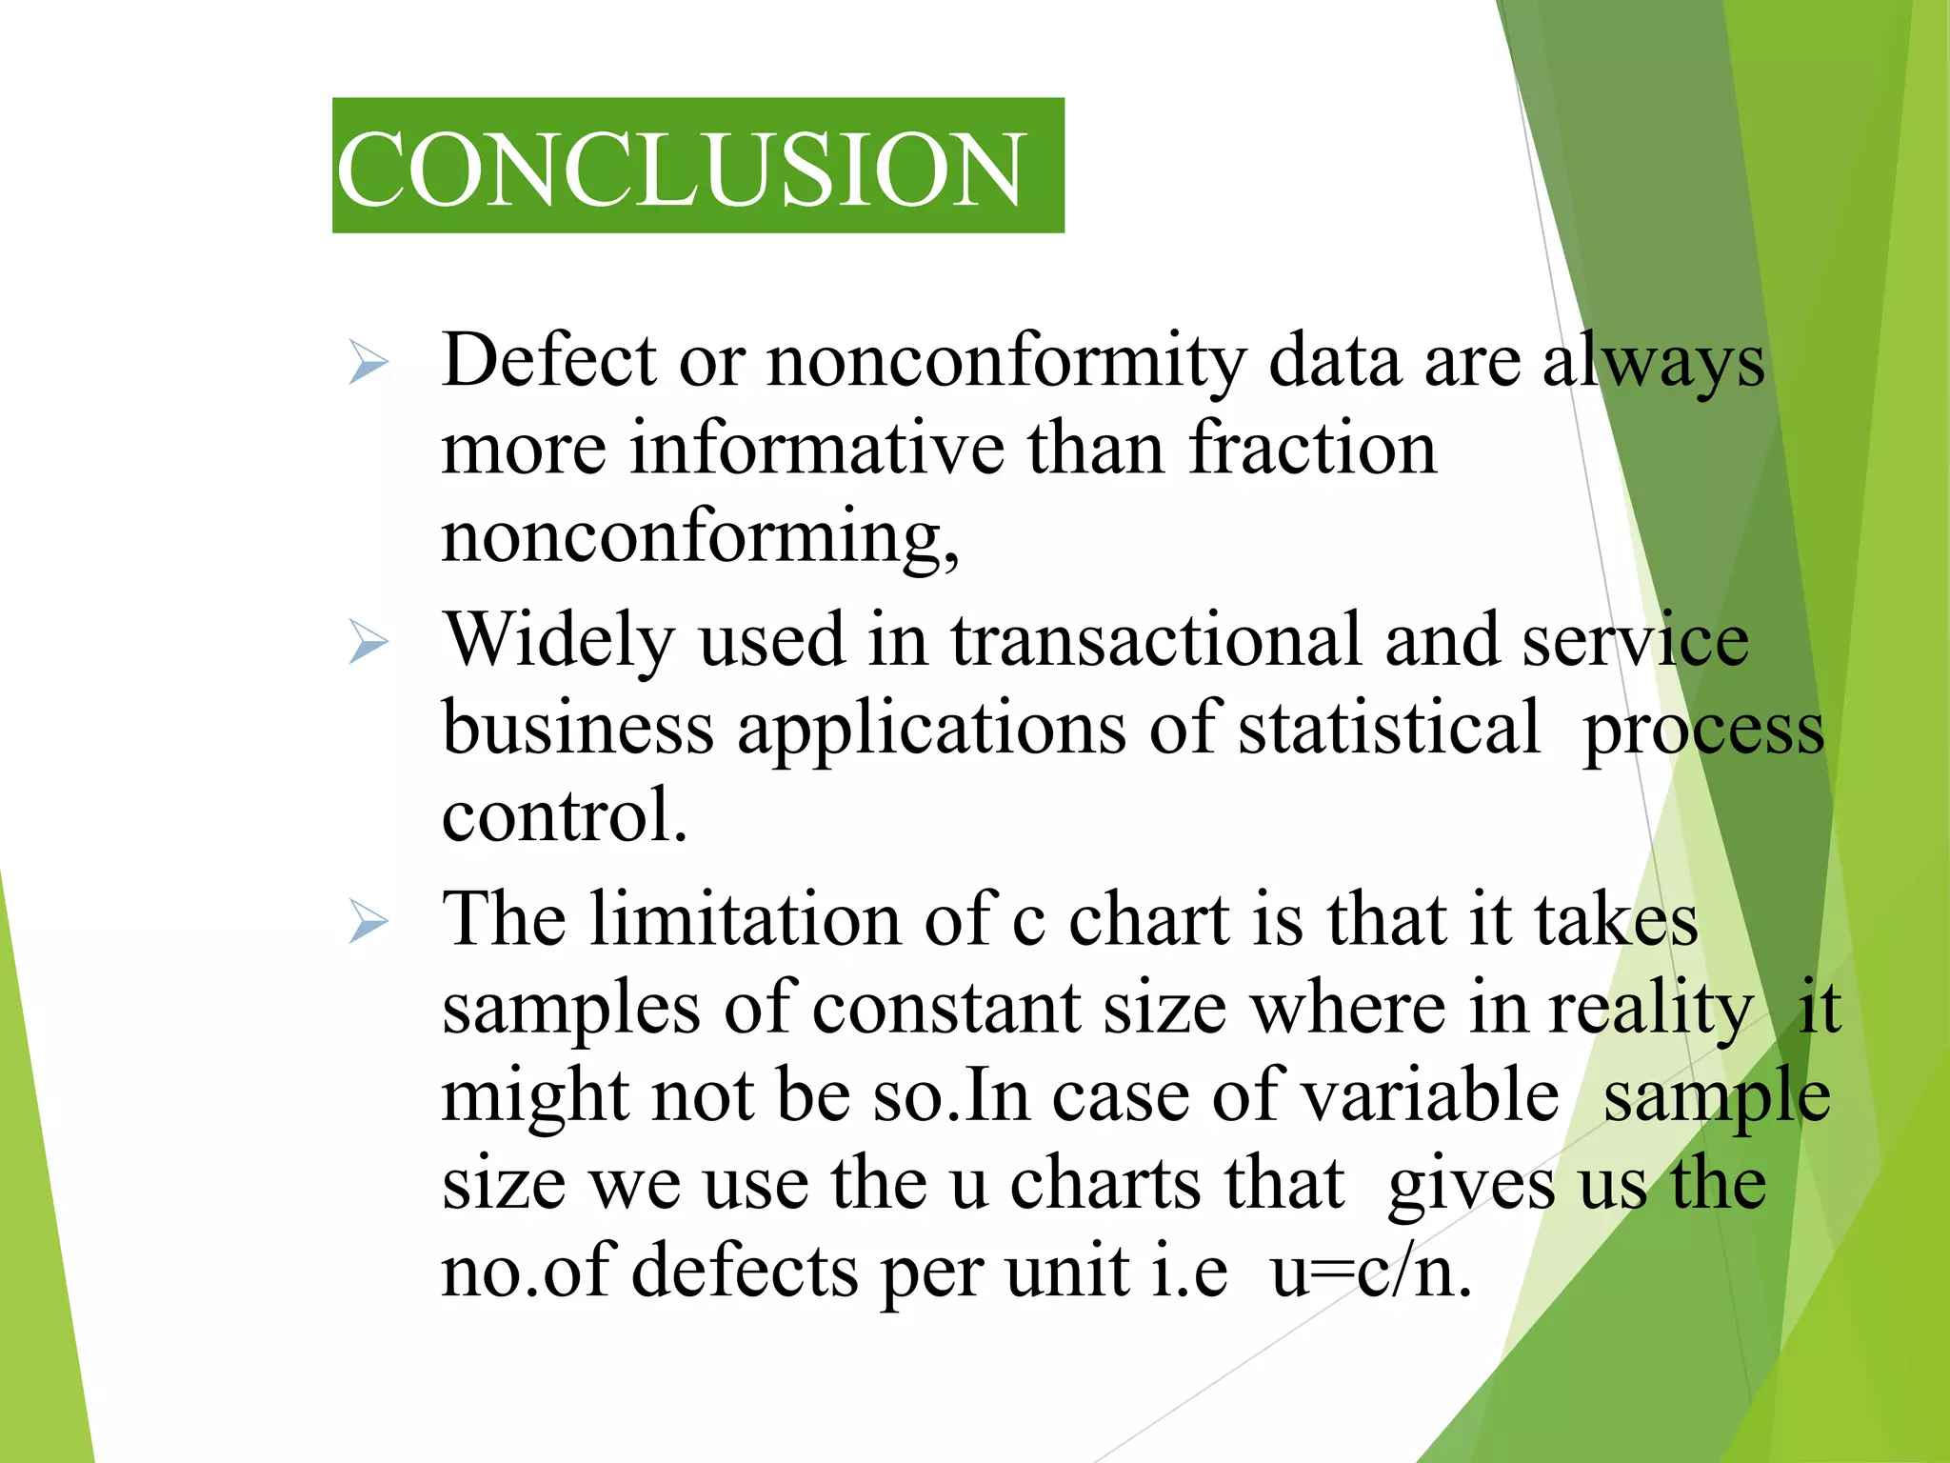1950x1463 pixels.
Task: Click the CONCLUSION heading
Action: pyautogui.click(x=681, y=169)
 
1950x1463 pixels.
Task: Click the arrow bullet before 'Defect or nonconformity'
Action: pyautogui.click(x=368, y=363)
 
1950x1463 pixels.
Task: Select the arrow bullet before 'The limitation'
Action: pyautogui.click(x=368, y=921)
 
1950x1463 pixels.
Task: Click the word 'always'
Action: pyautogui.click(x=1653, y=363)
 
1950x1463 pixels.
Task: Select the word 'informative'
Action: pyautogui.click(x=817, y=449)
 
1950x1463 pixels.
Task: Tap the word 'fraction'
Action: pyautogui.click(x=1313, y=449)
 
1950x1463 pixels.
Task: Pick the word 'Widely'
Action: pyautogui.click(x=560, y=641)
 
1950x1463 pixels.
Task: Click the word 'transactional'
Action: pyautogui.click(x=1156, y=641)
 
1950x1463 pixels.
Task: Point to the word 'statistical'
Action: pyautogui.click(x=1388, y=729)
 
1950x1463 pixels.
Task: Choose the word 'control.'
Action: pyautogui.click(x=565, y=816)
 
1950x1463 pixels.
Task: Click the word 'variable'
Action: pyautogui.click(x=1429, y=1096)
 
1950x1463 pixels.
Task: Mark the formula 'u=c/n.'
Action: pyautogui.click(x=1371, y=1273)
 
